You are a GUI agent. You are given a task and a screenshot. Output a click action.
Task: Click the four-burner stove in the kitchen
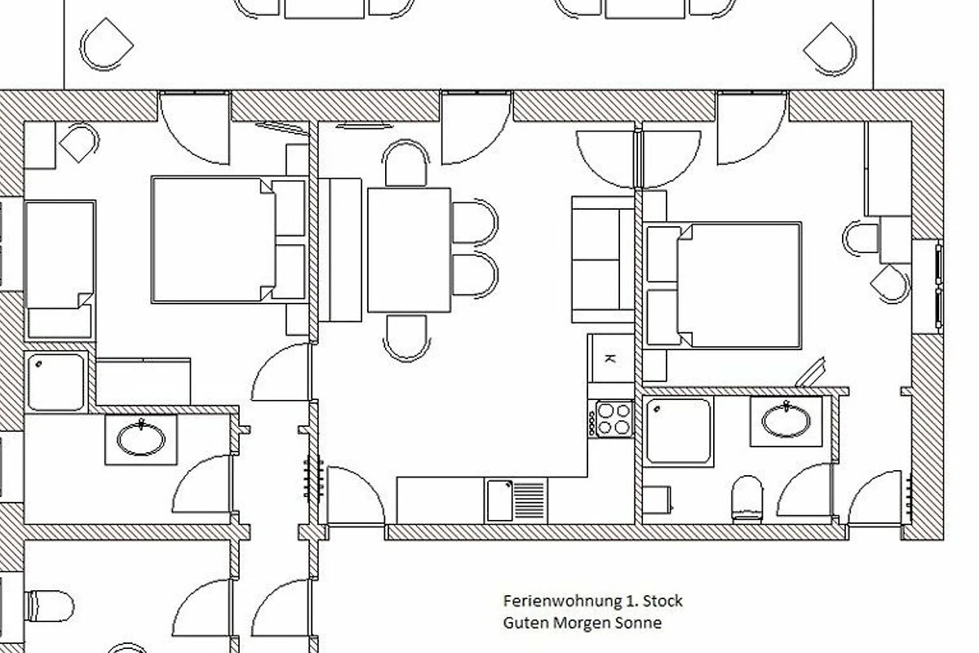(611, 418)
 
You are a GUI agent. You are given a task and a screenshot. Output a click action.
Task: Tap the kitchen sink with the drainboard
(516, 500)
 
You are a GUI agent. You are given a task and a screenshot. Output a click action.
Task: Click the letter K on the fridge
(609, 359)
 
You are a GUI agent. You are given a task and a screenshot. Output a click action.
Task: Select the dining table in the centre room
(409, 250)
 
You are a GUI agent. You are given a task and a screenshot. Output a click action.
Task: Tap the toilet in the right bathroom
(747, 500)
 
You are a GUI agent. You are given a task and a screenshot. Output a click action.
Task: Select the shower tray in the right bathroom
(678, 431)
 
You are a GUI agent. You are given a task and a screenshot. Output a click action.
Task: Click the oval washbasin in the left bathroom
(141, 438)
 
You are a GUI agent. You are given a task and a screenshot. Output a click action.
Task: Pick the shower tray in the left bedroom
(56, 382)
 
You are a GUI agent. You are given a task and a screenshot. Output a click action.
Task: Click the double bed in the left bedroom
(229, 240)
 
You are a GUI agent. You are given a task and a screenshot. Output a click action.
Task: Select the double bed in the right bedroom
(723, 286)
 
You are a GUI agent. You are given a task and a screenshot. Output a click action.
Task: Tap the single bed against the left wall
(60, 271)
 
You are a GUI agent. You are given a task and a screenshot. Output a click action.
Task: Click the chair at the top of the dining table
(405, 162)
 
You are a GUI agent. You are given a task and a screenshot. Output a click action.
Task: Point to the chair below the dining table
(406, 338)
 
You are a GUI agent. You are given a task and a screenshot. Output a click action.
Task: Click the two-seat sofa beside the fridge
(603, 260)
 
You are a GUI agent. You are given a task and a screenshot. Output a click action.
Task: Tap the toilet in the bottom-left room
(50, 606)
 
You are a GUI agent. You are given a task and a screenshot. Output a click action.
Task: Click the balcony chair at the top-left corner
(106, 45)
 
